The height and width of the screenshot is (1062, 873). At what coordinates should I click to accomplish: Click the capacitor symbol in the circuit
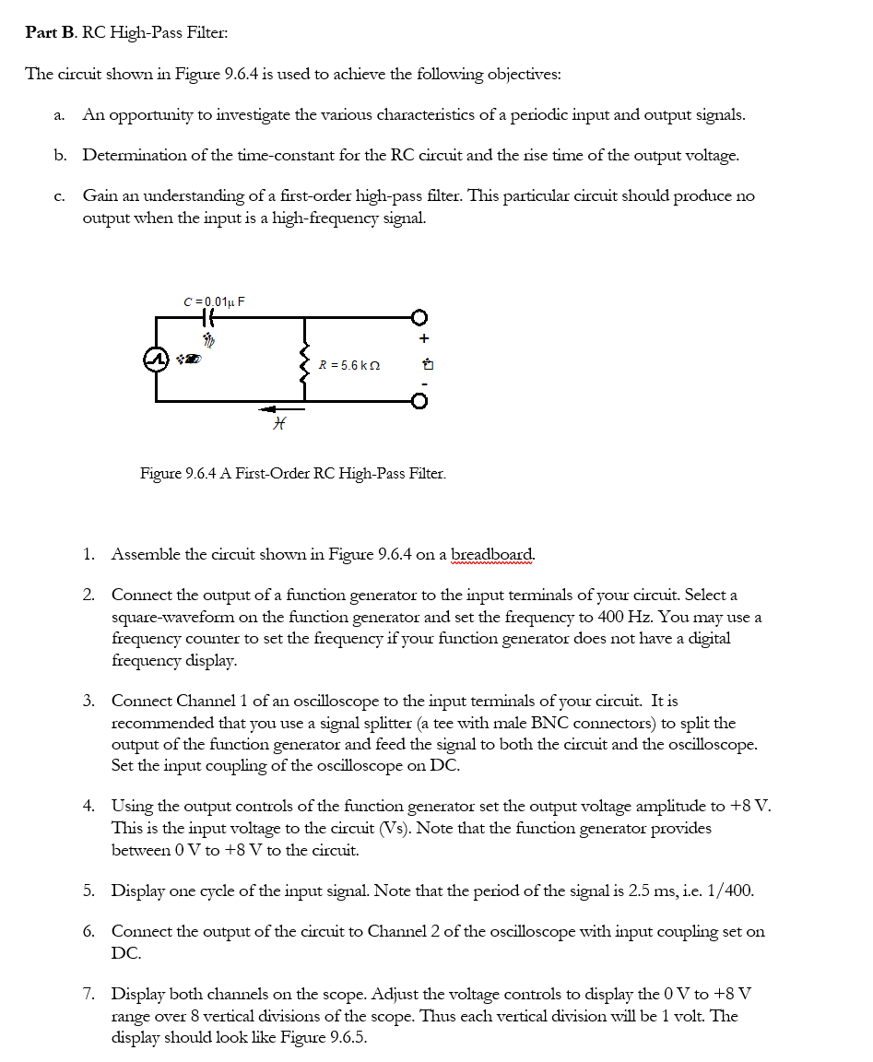pyautogui.click(x=206, y=317)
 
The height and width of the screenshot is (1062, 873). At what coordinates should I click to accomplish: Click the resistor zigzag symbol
pyautogui.click(x=305, y=364)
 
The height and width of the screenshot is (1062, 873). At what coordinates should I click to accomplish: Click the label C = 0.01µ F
pyautogui.click(x=214, y=301)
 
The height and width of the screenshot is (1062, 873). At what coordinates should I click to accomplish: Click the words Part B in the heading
pyautogui.click(x=52, y=32)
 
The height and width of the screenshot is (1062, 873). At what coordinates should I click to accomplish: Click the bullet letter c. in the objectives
pyautogui.click(x=60, y=196)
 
